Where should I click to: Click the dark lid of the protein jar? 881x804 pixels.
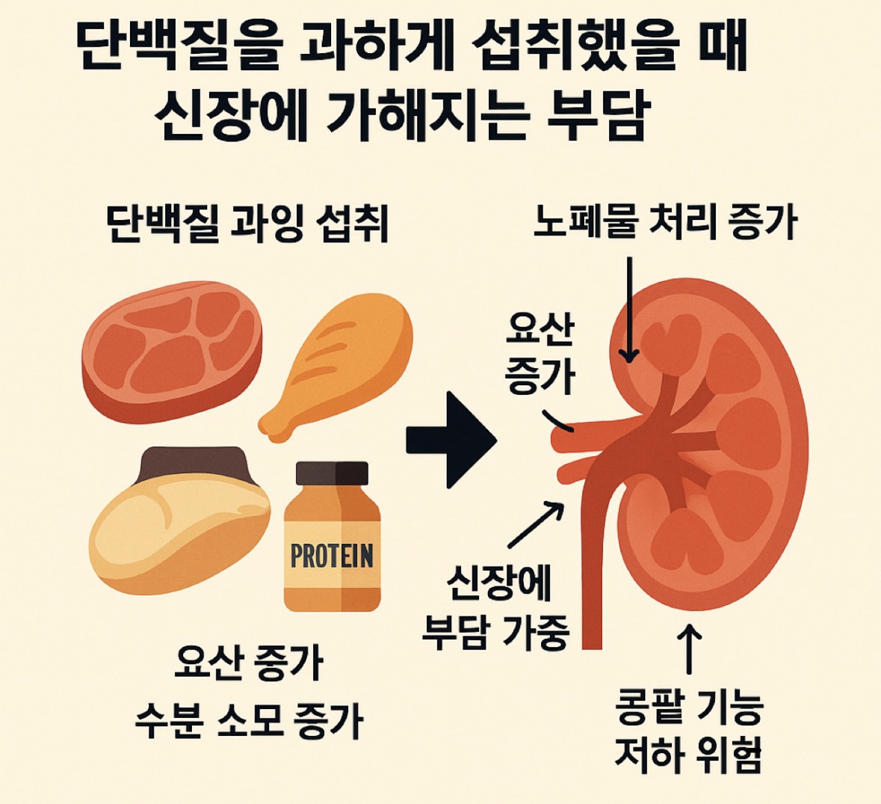(x=332, y=473)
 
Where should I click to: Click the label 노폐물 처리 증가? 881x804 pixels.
(x=664, y=222)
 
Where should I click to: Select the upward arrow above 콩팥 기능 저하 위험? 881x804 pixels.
(x=688, y=651)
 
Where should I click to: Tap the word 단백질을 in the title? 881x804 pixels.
(x=179, y=49)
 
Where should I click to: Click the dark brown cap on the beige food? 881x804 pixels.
(x=195, y=464)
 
